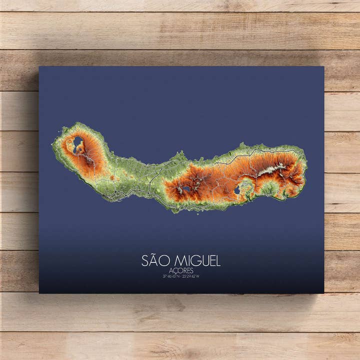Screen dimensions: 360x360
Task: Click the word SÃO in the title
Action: [152, 260]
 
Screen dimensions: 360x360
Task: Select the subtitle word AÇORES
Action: [181, 270]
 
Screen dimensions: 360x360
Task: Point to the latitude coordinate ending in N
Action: [171, 276]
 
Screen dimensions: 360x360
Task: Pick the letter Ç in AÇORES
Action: [175, 271]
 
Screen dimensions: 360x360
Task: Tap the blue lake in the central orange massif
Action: [186, 188]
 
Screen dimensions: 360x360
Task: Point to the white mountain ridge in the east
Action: [272, 169]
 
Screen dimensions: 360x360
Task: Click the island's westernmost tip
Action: [52, 145]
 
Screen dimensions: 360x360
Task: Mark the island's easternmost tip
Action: [306, 165]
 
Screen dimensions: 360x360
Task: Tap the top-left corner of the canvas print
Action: [39, 67]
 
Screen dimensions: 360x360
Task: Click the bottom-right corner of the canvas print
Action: [323, 292]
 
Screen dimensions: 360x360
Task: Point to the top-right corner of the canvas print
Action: [323, 67]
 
